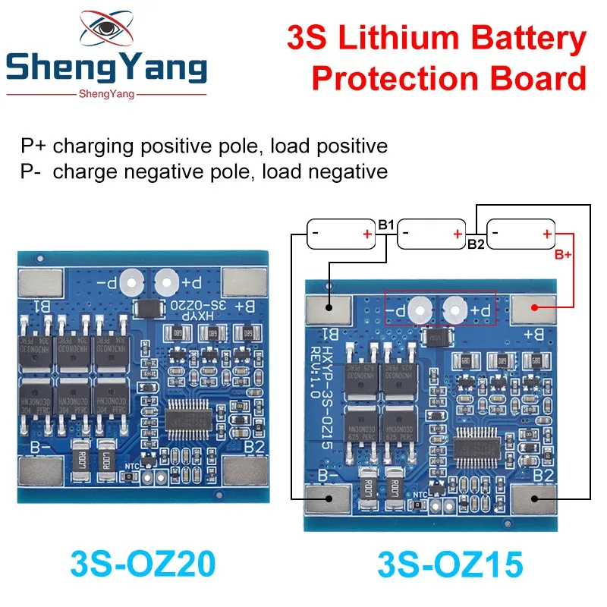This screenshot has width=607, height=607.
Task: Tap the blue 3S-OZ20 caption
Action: (143, 564)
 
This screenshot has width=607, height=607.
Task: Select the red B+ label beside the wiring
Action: (562, 255)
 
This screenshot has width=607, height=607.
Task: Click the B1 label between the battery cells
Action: (385, 225)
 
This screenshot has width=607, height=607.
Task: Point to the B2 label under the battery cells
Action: (476, 244)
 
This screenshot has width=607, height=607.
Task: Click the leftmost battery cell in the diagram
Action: (341, 234)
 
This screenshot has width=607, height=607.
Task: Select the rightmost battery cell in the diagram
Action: (521, 234)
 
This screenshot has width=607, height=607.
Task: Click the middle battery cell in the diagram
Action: (431, 234)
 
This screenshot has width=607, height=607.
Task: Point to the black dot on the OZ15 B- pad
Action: (328, 498)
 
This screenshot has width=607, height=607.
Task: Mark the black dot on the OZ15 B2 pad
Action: (536, 498)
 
